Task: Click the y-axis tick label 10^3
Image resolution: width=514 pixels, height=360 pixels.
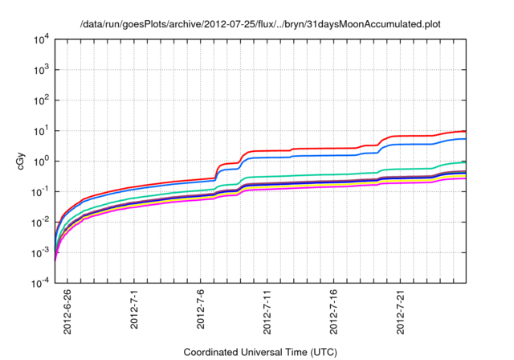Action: (x=40, y=70)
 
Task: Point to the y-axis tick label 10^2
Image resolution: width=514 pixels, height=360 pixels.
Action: (x=40, y=100)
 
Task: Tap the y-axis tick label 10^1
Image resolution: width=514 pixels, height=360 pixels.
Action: (x=40, y=131)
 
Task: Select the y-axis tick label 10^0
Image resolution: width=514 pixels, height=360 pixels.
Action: (x=40, y=162)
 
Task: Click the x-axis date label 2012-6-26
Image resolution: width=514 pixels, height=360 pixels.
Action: (x=67, y=314)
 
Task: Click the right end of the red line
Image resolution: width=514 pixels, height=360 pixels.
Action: (x=466, y=131)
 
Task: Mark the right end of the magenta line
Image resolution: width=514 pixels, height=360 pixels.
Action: (x=466, y=178)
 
